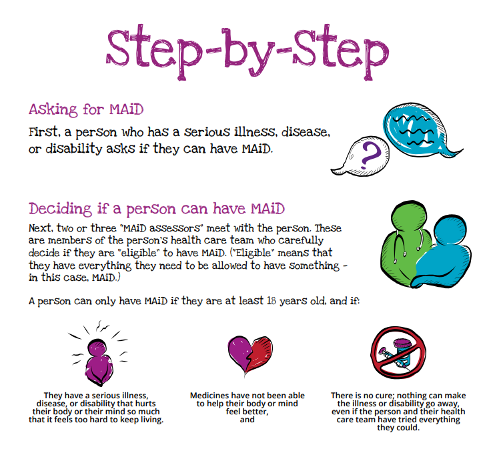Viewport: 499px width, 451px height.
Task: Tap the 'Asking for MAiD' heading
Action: click(x=85, y=109)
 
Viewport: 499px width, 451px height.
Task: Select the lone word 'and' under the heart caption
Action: click(x=247, y=420)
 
